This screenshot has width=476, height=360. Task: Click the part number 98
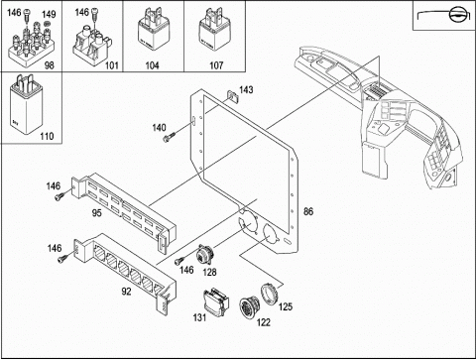(x=49, y=65)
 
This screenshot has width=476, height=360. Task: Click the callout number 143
(x=246, y=89)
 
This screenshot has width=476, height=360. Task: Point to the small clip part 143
(x=232, y=97)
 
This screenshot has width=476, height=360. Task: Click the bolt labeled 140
(x=169, y=137)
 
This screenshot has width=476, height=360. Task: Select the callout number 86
(x=308, y=211)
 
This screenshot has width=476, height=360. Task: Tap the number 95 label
(x=96, y=213)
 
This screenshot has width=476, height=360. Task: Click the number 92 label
(x=126, y=292)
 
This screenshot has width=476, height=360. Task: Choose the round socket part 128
(x=205, y=254)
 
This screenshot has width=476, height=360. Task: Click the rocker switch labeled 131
(x=216, y=300)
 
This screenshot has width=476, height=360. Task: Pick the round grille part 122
(x=249, y=307)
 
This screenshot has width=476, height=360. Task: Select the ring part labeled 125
(x=270, y=296)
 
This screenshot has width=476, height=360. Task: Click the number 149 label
(x=49, y=14)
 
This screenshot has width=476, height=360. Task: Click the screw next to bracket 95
(x=59, y=196)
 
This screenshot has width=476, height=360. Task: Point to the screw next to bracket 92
(x=62, y=259)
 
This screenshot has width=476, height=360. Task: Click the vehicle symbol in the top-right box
(x=443, y=15)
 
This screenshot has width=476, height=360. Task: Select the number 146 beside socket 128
(x=186, y=270)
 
